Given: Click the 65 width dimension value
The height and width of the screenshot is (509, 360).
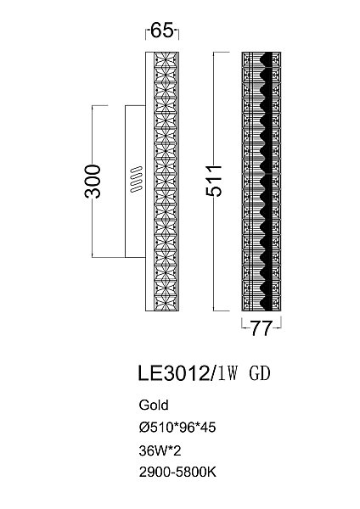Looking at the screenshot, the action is [162, 31].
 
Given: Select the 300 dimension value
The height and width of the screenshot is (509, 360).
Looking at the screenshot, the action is [93, 182].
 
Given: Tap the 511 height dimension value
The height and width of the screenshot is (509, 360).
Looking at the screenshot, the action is [214, 181].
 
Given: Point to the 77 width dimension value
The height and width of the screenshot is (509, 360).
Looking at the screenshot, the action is [262, 328].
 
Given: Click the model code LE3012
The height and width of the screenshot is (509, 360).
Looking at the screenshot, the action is [173, 373].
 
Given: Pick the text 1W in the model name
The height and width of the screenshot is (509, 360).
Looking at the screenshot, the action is [227, 373].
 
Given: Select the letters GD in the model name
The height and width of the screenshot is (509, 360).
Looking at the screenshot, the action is [260, 373].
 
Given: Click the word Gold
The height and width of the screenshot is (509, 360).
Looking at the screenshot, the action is [154, 406].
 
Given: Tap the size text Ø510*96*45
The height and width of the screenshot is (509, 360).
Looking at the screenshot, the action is [177, 428].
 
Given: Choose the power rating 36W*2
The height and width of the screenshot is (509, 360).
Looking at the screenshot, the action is [160, 450].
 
